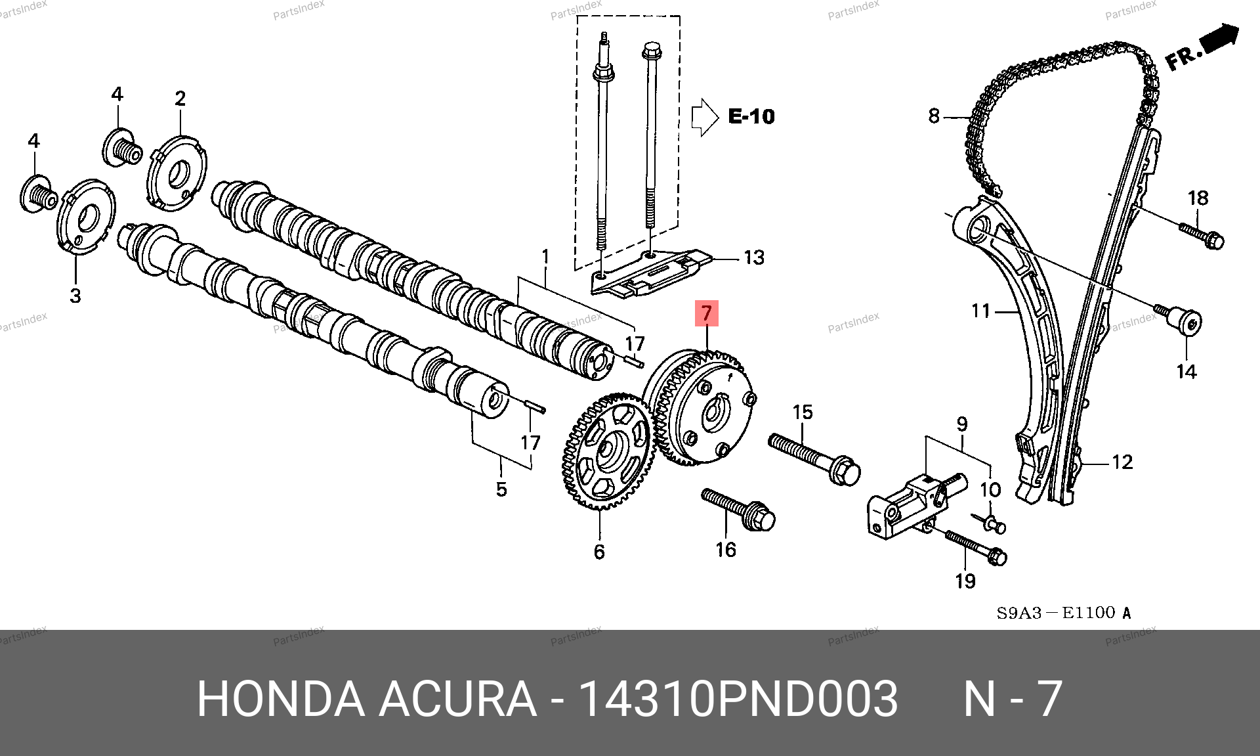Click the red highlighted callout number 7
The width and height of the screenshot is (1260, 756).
tap(707, 313)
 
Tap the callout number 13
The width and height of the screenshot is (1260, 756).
tap(754, 257)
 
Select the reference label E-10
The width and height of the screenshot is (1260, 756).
tap(751, 117)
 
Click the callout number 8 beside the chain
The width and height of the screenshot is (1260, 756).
tap(934, 116)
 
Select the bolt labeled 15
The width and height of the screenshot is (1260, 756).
tap(814, 459)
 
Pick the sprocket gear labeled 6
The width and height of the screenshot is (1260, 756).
tap(608, 452)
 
